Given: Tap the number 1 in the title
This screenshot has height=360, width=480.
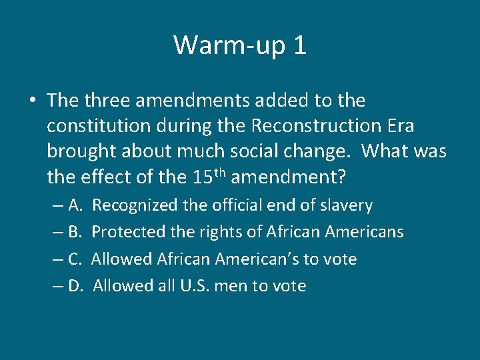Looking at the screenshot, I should [299, 45].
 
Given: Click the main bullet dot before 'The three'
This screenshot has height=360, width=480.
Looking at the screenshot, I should [33, 101].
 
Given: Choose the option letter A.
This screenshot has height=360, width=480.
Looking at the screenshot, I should [75, 205].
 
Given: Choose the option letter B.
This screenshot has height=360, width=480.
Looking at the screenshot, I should [75, 232].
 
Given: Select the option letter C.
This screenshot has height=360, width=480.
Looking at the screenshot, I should [75, 259].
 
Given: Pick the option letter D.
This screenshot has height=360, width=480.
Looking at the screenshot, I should [75, 286].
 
